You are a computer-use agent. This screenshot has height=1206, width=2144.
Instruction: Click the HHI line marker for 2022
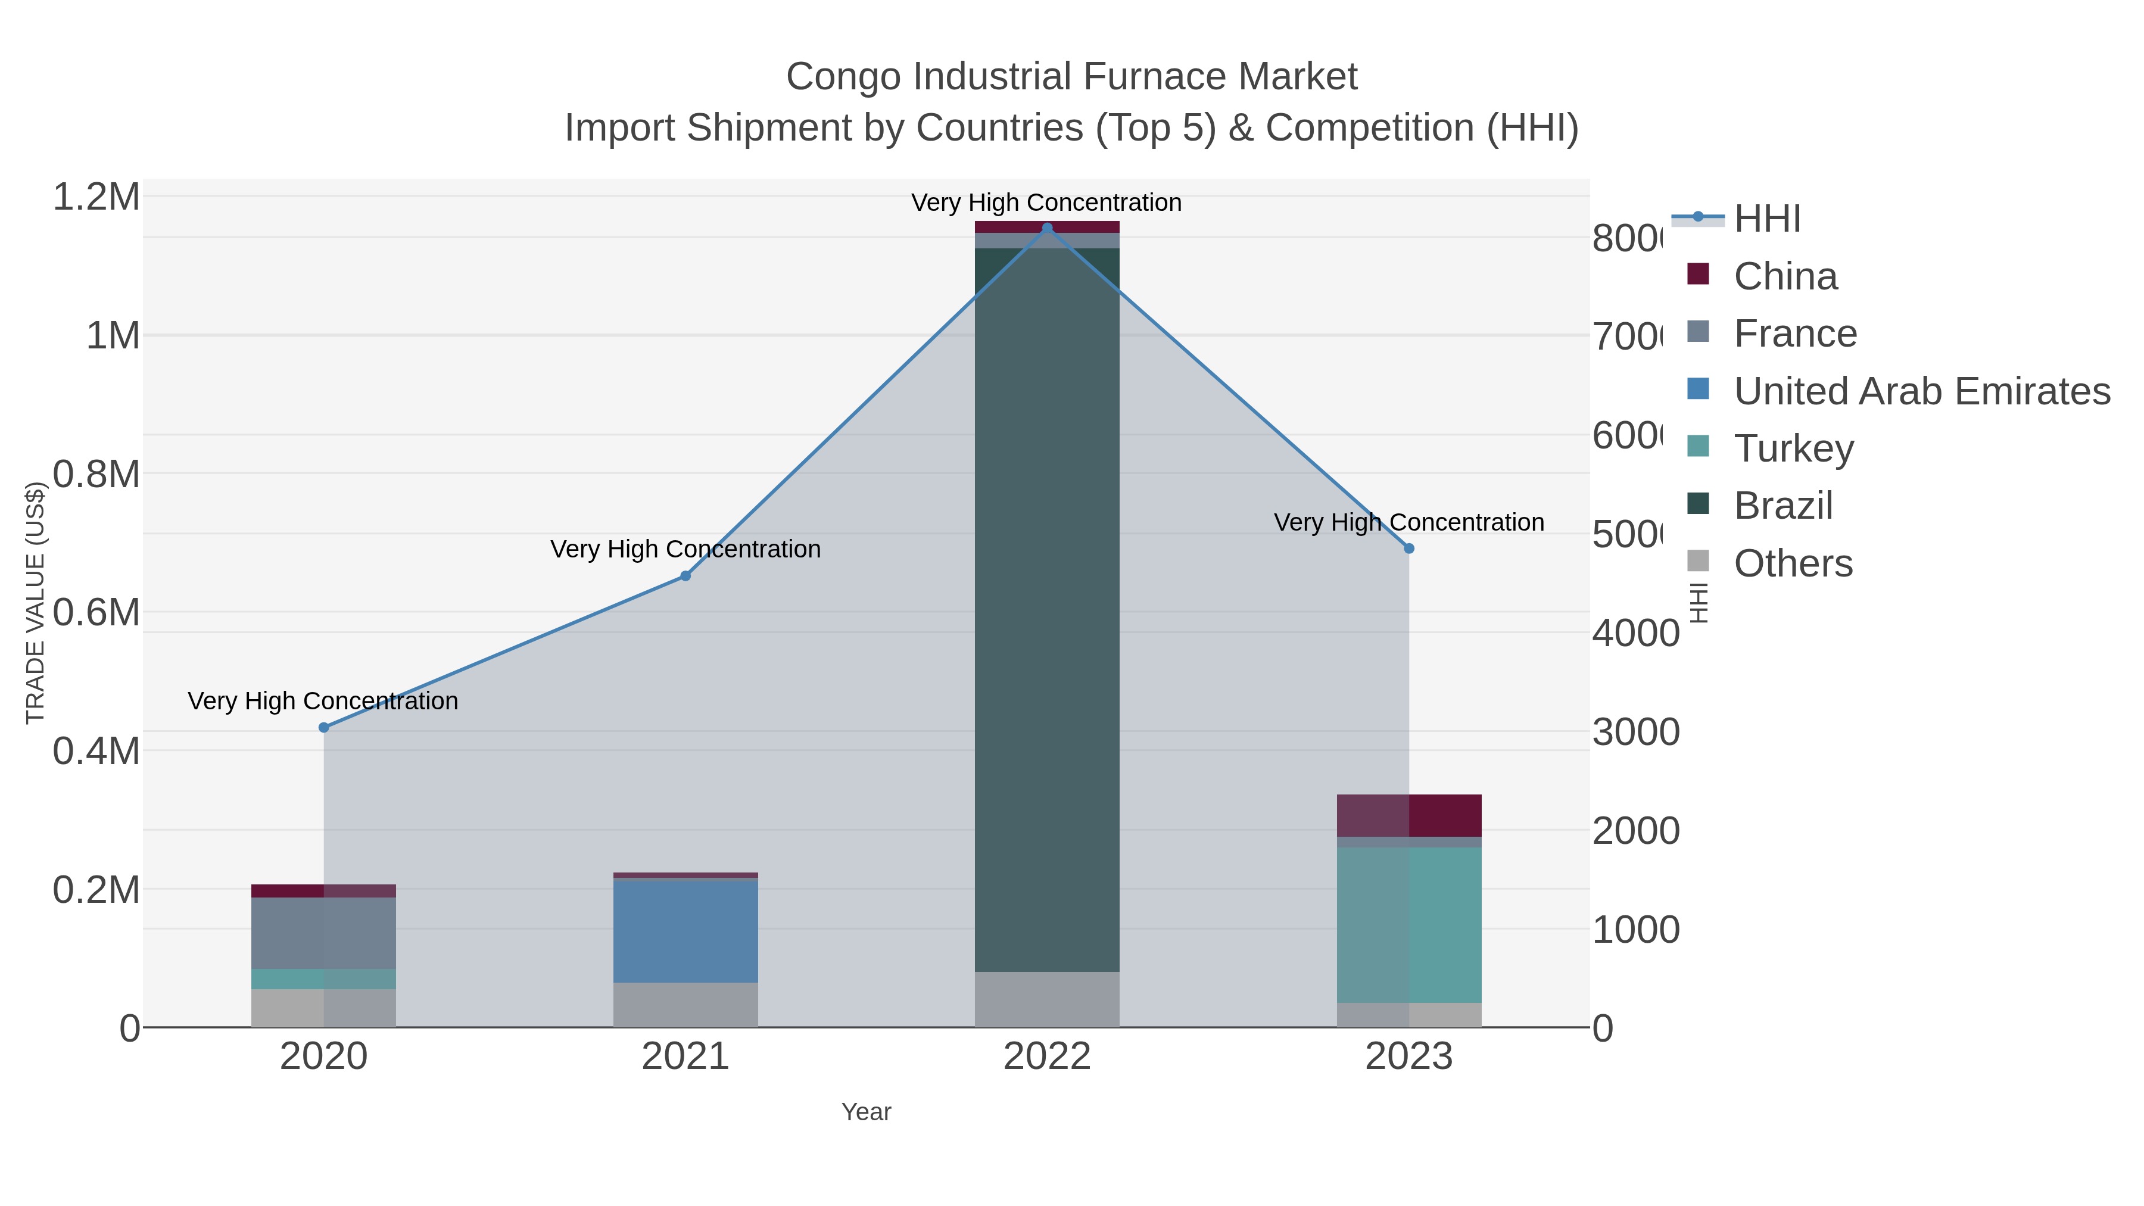[x=1047, y=228]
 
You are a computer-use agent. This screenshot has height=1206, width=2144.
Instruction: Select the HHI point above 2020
[x=324, y=727]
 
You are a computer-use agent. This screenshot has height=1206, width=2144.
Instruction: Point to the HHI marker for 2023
[x=1409, y=549]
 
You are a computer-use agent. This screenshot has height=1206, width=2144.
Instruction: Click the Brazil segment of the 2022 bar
[x=1047, y=607]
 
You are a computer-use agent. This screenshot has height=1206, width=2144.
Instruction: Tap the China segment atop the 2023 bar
[x=1409, y=816]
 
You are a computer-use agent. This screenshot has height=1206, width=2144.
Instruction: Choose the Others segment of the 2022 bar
[x=1047, y=999]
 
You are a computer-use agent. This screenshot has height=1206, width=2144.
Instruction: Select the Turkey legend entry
[x=1794, y=448]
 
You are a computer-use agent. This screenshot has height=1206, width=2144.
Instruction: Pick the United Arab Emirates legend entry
[x=1921, y=391]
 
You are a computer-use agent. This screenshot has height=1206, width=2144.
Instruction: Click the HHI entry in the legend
[x=1767, y=219]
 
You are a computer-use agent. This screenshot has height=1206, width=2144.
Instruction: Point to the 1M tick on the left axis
[x=113, y=336]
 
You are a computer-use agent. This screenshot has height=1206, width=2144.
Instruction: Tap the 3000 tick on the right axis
[x=1635, y=733]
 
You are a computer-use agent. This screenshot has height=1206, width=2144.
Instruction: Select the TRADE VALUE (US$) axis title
[x=35, y=603]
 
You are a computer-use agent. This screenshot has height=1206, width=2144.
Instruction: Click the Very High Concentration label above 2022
[x=1046, y=203]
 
